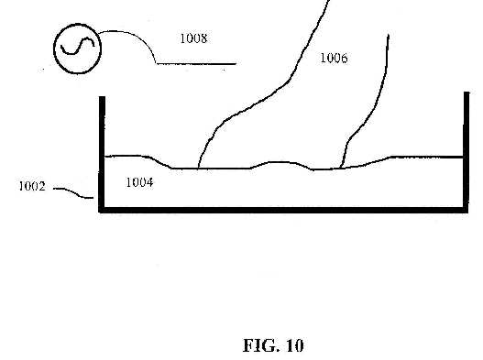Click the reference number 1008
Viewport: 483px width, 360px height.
point(193,38)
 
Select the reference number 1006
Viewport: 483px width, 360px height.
point(335,58)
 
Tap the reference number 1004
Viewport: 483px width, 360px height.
point(139,182)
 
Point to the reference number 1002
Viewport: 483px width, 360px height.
point(32,186)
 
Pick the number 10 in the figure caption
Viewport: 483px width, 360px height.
point(295,345)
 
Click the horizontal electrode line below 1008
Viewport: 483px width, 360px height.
point(196,64)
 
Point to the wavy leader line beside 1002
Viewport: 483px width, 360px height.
point(73,192)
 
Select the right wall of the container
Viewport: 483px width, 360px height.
point(467,151)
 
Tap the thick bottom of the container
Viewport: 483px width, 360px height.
point(283,210)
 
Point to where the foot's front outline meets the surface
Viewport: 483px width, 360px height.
point(198,169)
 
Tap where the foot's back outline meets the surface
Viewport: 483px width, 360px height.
point(340,169)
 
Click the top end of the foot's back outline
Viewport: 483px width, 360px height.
point(389,35)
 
